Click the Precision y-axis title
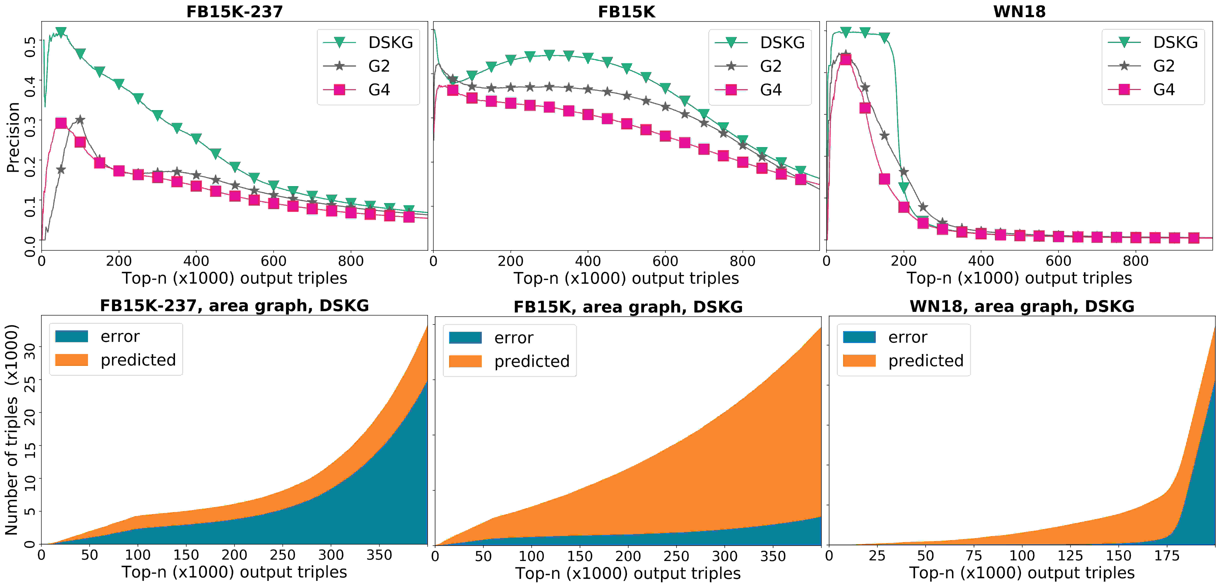click(13, 137)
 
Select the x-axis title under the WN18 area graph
click(1021, 573)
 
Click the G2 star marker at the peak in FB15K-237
click(80, 120)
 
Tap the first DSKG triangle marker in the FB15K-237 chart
click(61, 32)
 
